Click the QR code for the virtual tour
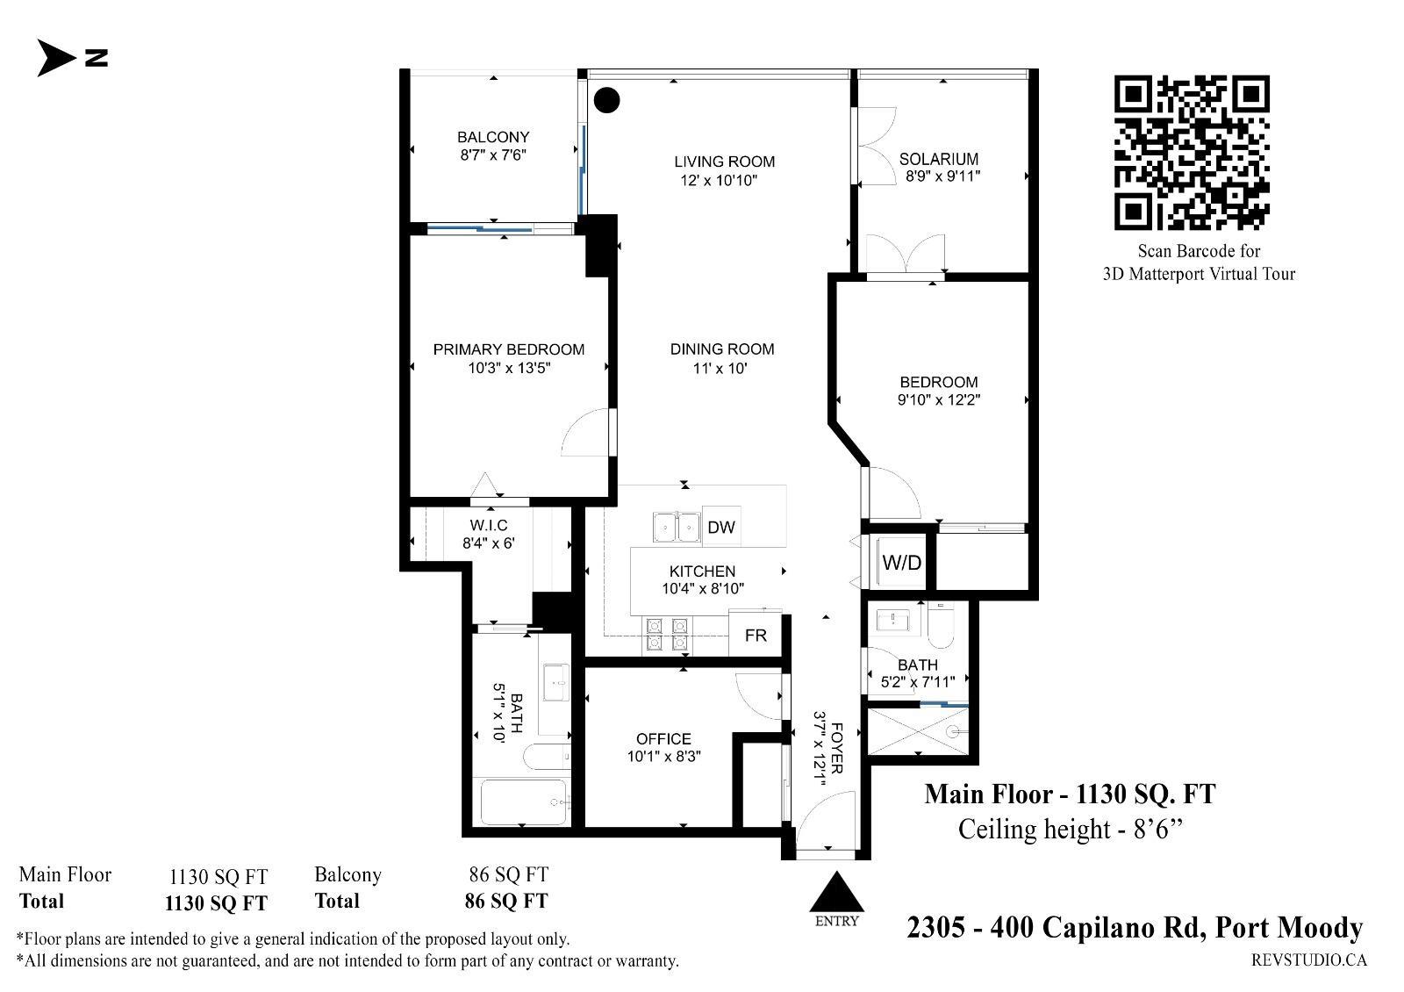[x=1192, y=153]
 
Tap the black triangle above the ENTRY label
[x=836, y=892]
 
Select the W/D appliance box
[x=901, y=562]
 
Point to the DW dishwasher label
[x=720, y=528]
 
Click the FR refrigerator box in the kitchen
[x=756, y=636]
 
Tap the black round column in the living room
[x=606, y=100]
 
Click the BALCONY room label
[x=493, y=137]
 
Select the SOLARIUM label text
[x=938, y=159]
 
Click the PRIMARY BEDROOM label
[x=509, y=349]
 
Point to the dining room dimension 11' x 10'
[x=720, y=368]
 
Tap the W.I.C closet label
[x=489, y=525]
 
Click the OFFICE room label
[x=663, y=738]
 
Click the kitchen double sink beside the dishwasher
[x=677, y=527]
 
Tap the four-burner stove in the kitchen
[x=667, y=635]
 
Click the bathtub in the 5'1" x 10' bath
[x=523, y=802]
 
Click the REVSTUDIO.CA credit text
[x=1309, y=960]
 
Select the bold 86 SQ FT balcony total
[x=506, y=901]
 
